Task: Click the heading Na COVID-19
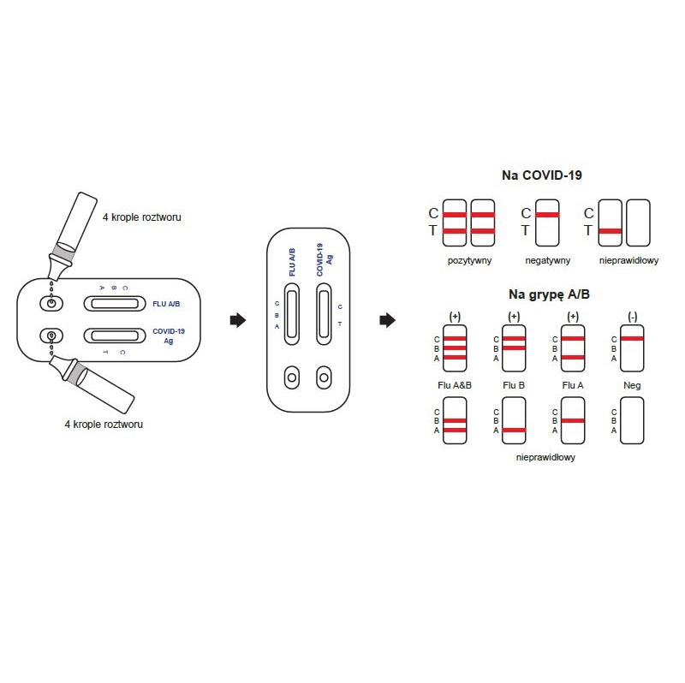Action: tap(541, 175)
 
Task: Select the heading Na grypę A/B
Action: tap(548, 294)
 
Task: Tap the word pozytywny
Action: tap(469, 259)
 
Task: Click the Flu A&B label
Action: tap(455, 385)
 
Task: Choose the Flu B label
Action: tap(514, 385)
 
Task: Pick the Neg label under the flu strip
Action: tap(632, 385)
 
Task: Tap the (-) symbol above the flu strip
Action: tap(632, 316)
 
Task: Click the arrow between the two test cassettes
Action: tap(238, 320)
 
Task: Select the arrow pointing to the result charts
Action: tap(387, 320)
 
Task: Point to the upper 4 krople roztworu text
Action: tap(141, 217)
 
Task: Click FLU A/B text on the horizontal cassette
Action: tap(166, 303)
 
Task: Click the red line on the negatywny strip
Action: tap(546, 214)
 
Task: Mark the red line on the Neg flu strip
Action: tap(632, 339)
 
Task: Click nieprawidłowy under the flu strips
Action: tap(545, 457)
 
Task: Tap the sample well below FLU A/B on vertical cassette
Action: tap(292, 377)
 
